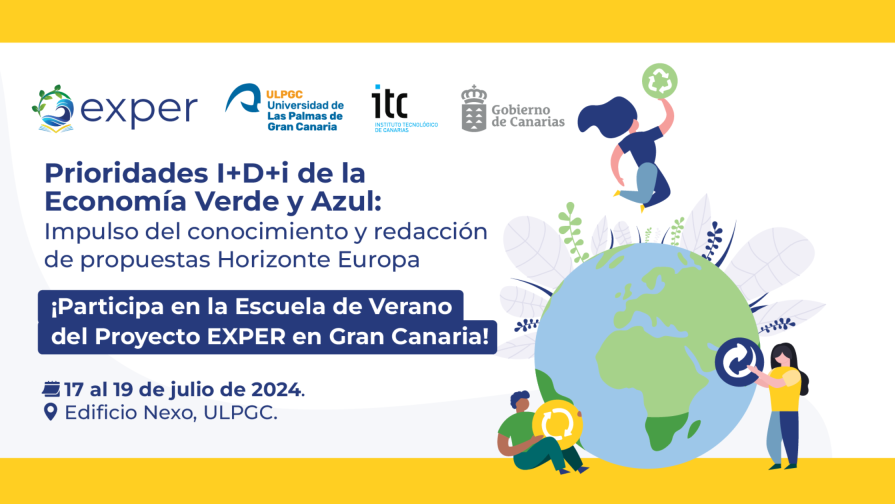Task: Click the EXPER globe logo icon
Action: (x=53, y=109)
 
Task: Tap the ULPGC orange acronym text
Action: (x=284, y=94)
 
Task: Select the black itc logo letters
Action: (x=389, y=102)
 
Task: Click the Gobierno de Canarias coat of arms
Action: (x=474, y=108)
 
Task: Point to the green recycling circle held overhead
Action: (x=660, y=80)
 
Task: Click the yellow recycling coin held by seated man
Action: (x=557, y=425)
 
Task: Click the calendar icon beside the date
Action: (x=51, y=389)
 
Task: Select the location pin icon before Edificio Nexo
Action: (x=51, y=412)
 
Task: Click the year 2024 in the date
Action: (x=276, y=389)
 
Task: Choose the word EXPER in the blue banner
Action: (x=246, y=337)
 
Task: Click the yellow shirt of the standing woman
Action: (x=784, y=389)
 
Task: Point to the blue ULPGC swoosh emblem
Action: (x=243, y=98)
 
